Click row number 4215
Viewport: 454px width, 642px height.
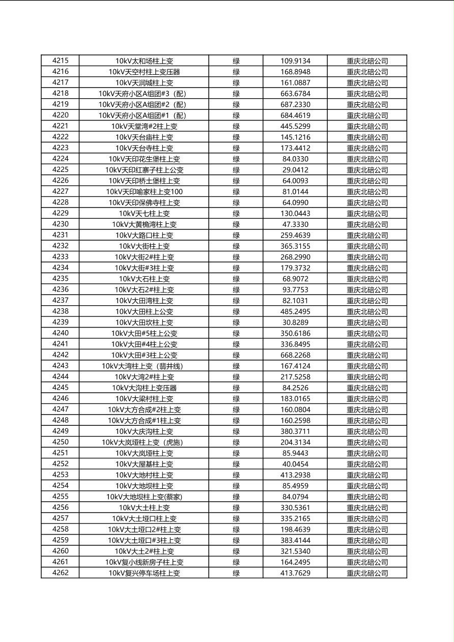(60, 61)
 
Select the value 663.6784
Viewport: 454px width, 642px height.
(295, 94)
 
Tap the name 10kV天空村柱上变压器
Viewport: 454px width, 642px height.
(144, 72)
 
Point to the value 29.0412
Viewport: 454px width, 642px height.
(295, 170)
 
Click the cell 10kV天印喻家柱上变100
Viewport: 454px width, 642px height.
(144, 192)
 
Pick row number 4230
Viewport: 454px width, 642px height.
(60, 224)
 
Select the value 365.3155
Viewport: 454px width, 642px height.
(295, 246)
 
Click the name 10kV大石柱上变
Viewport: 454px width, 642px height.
(144, 279)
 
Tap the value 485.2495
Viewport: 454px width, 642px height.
(295, 311)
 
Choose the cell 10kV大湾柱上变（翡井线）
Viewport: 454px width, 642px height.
(144, 366)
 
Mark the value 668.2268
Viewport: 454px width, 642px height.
(295, 355)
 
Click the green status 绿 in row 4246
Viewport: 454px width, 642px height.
(236, 399)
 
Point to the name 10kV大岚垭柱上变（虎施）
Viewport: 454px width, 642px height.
(144, 442)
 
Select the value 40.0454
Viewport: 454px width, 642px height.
(295, 464)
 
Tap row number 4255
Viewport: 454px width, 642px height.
(60, 497)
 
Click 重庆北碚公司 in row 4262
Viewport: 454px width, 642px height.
(367, 573)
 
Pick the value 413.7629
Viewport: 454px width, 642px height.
(295, 573)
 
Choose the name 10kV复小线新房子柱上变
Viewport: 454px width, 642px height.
(144, 562)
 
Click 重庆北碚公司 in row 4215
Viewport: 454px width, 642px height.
(367, 61)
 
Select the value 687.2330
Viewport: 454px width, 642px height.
(295, 104)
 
